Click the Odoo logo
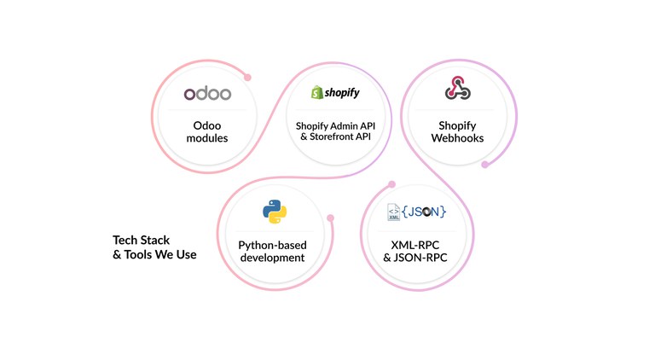(x=206, y=93)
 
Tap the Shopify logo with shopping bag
(x=335, y=92)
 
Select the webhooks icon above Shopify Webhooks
(x=457, y=88)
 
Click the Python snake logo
(x=274, y=211)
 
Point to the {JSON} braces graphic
(x=424, y=211)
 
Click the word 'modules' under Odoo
(x=206, y=137)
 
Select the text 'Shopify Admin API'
(x=335, y=125)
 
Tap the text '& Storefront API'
(x=335, y=137)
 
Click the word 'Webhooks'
(x=457, y=137)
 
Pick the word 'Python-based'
(x=272, y=244)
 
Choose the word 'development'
(x=272, y=257)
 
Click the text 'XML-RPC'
(x=416, y=244)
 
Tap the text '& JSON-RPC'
(x=416, y=257)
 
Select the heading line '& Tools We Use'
(x=154, y=253)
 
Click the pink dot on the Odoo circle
(x=248, y=77)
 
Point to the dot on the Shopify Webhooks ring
(x=484, y=165)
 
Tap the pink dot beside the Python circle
(x=330, y=218)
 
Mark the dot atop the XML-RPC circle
(x=391, y=183)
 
